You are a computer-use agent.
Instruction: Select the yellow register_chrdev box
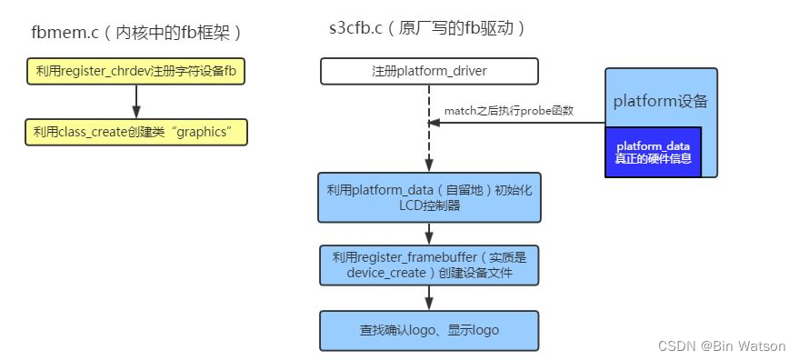pyautogui.click(x=136, y=71)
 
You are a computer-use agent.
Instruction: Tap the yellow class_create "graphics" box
pyautogui.click(x=136, y=133)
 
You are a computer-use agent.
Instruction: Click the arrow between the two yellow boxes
pyautogui.click(x=136, y=102)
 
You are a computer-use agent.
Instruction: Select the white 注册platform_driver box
pyautogui.click(x=429, y=71)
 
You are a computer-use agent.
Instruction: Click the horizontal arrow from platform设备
pyautogui.click(x=518, y=123)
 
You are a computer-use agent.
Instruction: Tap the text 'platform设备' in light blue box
pyautogui.click(x=661, y=101)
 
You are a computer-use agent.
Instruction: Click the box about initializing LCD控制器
pyautogui.click(x=429, y=197)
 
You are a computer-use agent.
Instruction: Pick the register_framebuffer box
pyautogui.click(x=429, y=265)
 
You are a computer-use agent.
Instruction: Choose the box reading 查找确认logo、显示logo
pyautogui.click(x=429, y=330)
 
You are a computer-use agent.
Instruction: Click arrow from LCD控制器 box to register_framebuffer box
pyautogui.click(x=429, y=233)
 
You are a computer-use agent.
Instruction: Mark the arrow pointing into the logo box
pyautogui.click(x=429, y=298)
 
